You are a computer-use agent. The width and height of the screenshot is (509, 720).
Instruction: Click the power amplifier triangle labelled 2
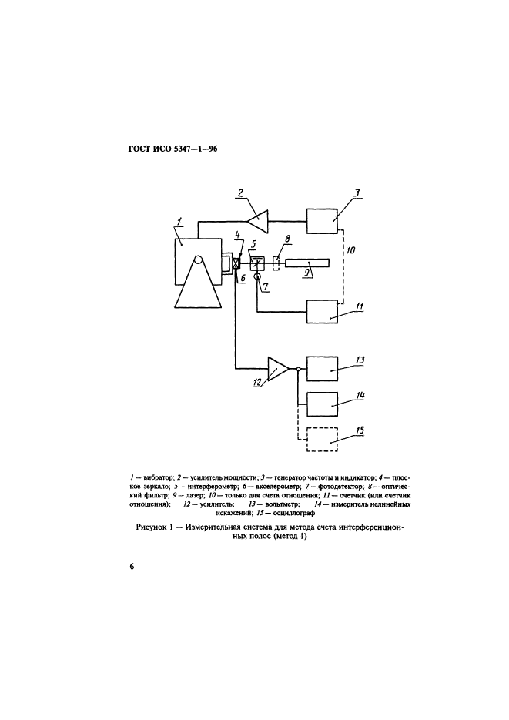259,221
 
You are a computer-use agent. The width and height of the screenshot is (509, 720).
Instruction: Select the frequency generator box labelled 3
323,221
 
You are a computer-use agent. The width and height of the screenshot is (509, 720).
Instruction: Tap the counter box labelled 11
323,311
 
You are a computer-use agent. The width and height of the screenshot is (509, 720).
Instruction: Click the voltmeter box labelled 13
323,368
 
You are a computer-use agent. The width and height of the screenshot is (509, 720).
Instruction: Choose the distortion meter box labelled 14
323,404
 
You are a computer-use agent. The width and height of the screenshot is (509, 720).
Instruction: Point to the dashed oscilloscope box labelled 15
322,440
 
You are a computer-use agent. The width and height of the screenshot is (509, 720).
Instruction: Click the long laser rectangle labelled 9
307,263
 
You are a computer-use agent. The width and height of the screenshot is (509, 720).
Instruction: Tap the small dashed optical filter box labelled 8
276,263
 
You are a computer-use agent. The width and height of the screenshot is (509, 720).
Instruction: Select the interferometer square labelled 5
257,263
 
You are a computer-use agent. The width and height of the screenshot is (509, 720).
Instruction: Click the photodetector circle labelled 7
257,276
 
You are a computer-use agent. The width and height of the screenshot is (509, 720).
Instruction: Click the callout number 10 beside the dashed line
350,251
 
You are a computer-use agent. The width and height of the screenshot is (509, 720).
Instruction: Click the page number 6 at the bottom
132,567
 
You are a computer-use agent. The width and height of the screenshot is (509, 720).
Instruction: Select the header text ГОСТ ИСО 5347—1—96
172,149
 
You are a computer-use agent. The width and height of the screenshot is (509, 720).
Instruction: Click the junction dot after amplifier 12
298,369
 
